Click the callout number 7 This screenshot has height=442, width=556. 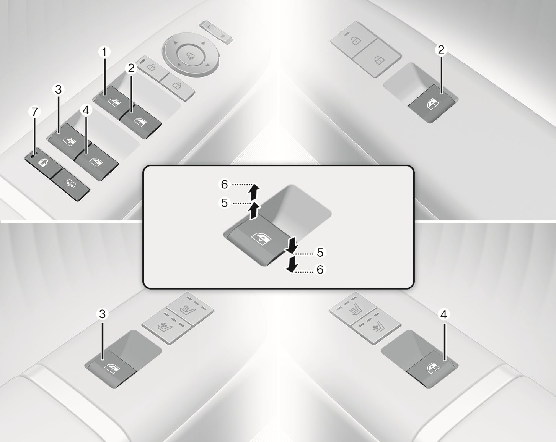[34, 112]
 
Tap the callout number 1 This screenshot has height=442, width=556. [104, 52]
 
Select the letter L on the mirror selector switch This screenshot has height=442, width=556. [209, 27]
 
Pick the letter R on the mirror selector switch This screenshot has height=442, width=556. [223, 36]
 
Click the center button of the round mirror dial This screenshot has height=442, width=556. [191, 55]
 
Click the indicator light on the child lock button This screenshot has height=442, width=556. [32, 155]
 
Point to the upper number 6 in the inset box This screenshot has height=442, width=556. [224, 184]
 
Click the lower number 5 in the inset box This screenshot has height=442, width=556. [320, 253]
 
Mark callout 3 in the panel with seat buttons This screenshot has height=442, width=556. [102, 314]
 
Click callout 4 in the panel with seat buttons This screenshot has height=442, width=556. [443, 314]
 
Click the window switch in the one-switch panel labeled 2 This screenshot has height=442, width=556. [432, 104]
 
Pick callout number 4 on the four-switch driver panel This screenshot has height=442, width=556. [86, 110]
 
